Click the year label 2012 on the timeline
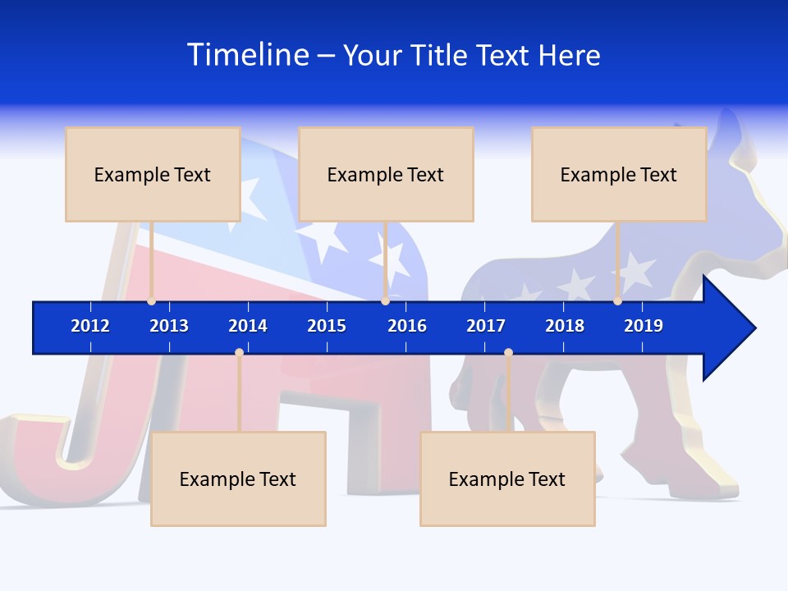click(90, 326)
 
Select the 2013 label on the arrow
click(169, 326)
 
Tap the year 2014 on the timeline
click(248, 326)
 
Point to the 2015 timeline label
click(327, 326)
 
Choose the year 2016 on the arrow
click(407, 326)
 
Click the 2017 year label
click(486, 326)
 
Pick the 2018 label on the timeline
click(565, 326)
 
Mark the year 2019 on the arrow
click(644, 326)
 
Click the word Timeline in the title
click(248, 55)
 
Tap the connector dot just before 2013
click(151, 301)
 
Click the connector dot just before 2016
click(385, 301)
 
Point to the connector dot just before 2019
click(617, 301)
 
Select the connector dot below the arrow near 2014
click(239, 353)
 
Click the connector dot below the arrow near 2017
click(508, 353)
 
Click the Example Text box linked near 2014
click(238, 479)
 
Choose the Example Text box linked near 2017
click(507, 479)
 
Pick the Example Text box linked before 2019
click(619, 174)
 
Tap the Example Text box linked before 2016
click(386, 174)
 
